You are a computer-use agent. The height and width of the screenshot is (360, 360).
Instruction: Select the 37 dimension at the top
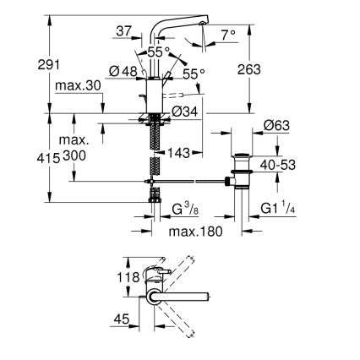(123, 31)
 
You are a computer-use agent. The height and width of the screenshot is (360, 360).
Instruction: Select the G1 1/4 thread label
(278, 209)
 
